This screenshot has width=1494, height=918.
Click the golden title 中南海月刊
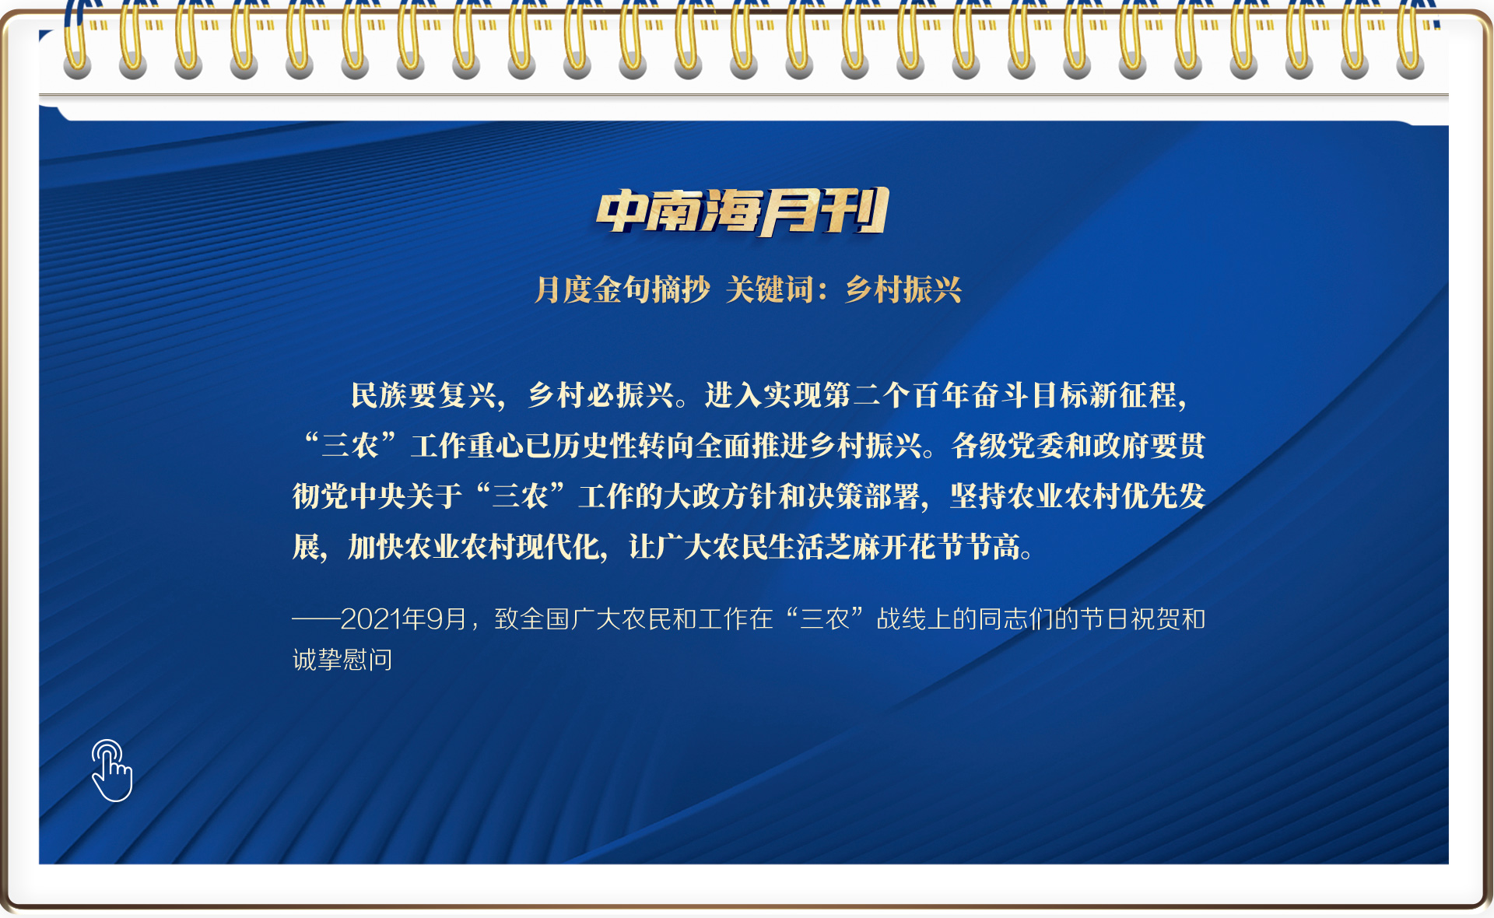[x=742, y=212]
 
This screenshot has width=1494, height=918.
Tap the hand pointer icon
[x=111, y=770]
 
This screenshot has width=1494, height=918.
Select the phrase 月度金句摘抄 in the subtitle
[x=622, y=290]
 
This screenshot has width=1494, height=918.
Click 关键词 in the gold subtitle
[x=770, y=290]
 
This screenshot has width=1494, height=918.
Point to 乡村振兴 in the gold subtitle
[x=903, y=290]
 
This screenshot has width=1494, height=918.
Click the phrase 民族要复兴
[x=423, y=395]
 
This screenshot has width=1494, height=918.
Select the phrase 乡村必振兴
[x=601, y=395]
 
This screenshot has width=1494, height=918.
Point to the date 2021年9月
[x=404, y=619]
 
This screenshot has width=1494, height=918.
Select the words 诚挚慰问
[x=342, y=660]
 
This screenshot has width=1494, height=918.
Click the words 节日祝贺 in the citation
[x=1131, y=619]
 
